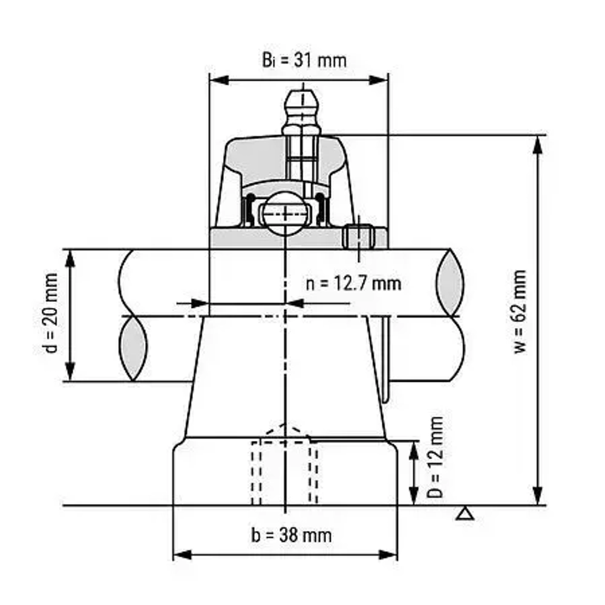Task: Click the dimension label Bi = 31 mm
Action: coord(304,60)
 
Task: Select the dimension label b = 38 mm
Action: coord(291,535)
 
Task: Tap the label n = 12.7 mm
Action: coord(353,283)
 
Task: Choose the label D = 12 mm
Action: coord(435,457)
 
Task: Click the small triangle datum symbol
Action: coord(465,514)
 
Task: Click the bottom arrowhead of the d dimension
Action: coord(70,373)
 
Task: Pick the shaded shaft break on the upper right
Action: coord(450,282)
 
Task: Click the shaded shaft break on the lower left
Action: coord(132,348)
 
